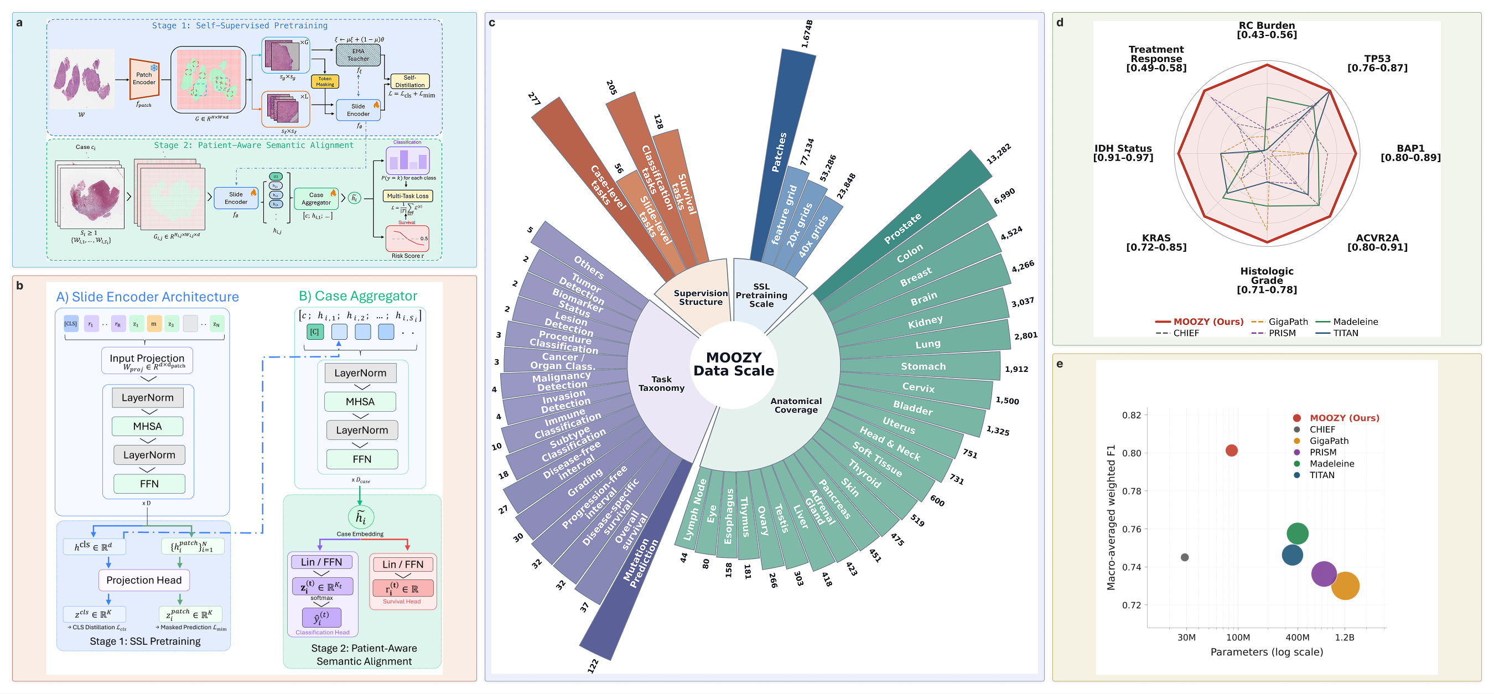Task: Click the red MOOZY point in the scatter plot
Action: pyautogui.click(x=1231, y=450)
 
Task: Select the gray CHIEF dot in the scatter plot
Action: pyautogui.click(x=1184, y=557)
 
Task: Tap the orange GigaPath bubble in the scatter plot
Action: pyautogui.click(x=1345, y=586)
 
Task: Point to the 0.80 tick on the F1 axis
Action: pyautogui.click(x=1131, y=453)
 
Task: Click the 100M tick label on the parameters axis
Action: pyautogui.click(x=1238, y=637)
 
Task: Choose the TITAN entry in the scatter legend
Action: pyautogui.click(x=1321, y=475)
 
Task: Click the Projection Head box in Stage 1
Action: pyautogui.click(x=144, y=580)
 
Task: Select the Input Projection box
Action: pyautogui.click(x=147, y=361)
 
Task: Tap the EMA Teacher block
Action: pyautogui.click(x=358, y=55)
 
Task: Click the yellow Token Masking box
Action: pyautogui.click(x=325, y=81)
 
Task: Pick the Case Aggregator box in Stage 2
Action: pyautogui.click(x=316, y=199)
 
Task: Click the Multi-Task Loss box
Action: pyautogui.click(x=408, y=196)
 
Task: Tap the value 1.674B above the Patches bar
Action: pyautogui.click(x=807, y=34)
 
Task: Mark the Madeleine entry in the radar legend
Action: pyautogui.click(x=1355, y=322)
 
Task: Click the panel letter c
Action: pyautogui.click(x=492, y=23)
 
